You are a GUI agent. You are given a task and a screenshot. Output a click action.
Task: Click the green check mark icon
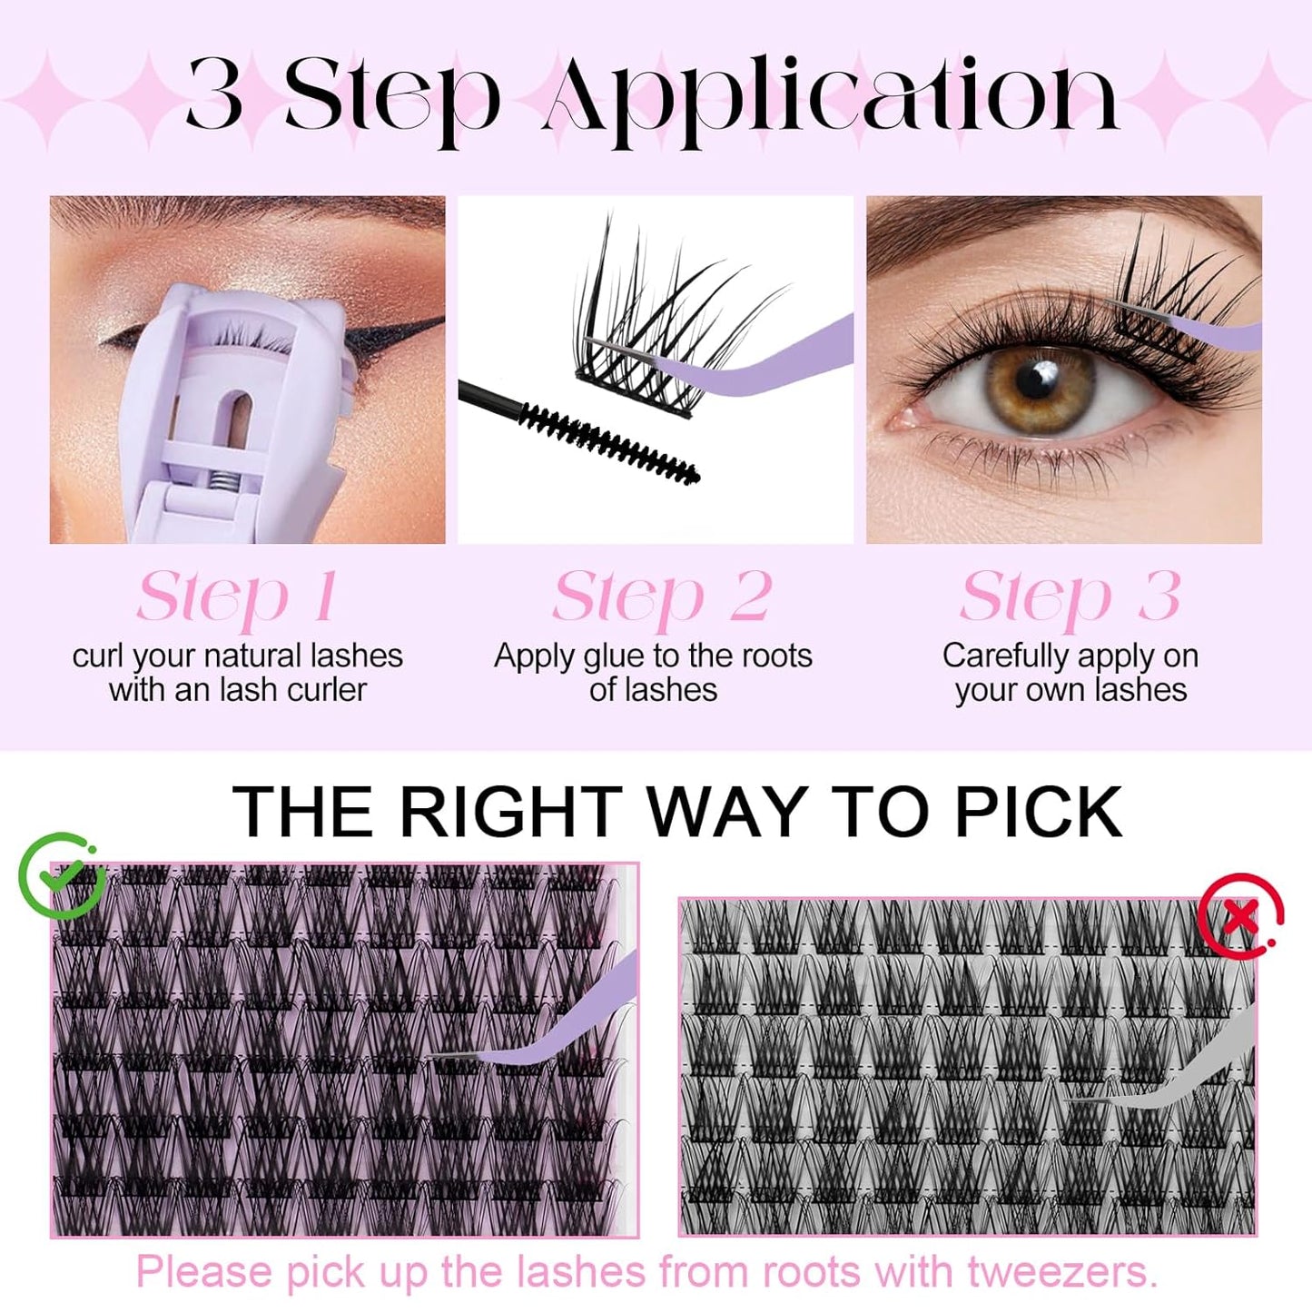point(61,874)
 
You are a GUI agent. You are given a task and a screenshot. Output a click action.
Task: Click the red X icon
point(1239,916)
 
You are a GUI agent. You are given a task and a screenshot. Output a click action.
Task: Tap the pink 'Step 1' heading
point(237,597)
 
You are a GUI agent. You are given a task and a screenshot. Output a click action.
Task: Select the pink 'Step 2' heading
point(662,597)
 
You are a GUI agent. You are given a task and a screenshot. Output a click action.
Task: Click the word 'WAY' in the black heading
point(728,812)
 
